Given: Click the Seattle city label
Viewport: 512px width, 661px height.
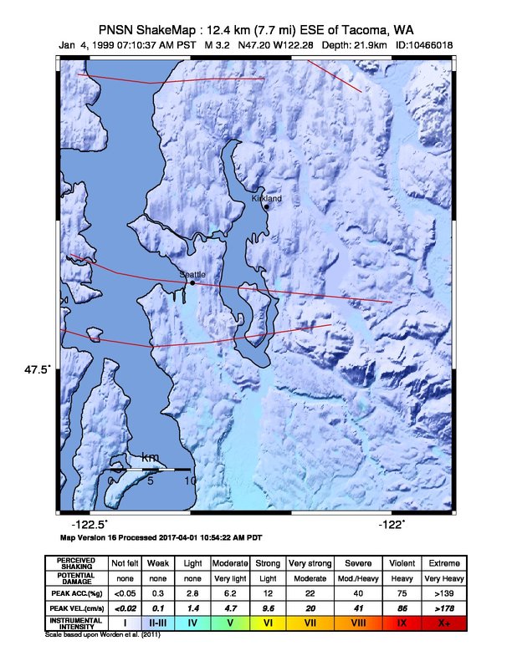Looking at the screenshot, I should click(x=192, y=274).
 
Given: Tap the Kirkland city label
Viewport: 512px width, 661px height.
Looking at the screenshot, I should click(x=267, y=199).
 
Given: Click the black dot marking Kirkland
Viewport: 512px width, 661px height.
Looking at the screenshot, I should click(x=267, y=206).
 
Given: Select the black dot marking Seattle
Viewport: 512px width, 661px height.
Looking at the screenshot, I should click(x=192, y=282).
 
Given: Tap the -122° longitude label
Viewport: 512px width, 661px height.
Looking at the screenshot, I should click(x=391, y=524).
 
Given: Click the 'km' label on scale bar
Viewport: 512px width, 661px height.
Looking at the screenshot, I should click(x=151, y=457).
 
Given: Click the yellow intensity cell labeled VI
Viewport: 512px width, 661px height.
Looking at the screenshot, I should click(x=269, y=623).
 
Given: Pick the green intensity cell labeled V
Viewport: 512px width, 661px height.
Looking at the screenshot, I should click(x=230, y=623).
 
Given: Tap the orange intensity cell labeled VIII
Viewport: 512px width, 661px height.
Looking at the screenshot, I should click(x=355, y=623).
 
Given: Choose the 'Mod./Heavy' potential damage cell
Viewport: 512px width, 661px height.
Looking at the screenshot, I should click(x=355, y=577).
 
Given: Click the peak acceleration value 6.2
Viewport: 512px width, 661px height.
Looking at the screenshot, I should click(x=230, y=592).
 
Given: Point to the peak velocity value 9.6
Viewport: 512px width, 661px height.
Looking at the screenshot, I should click(x=269, y=607).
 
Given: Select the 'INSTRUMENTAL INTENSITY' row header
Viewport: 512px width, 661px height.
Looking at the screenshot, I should click(x=76, y=623).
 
